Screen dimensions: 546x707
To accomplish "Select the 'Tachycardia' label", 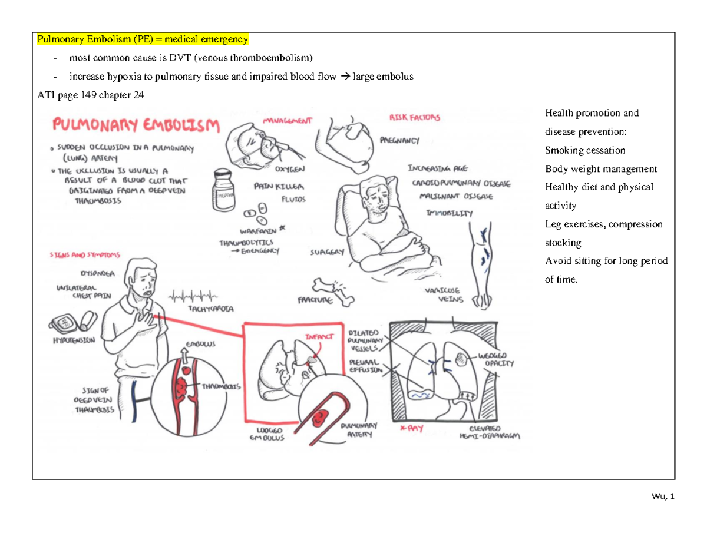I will [211, 308].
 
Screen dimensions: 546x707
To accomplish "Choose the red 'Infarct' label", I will [318, 337].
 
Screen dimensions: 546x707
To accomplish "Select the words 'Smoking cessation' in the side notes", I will [585, 150].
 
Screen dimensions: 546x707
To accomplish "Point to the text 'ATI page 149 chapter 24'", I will [90, 96].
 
